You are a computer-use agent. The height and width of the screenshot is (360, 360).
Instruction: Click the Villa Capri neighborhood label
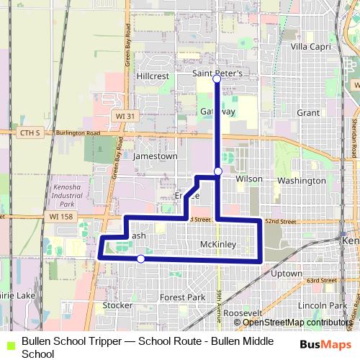(311, 46)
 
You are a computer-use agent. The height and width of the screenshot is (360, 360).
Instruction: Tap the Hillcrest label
(151, 75)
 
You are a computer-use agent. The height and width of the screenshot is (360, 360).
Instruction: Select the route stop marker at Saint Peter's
(217, 79)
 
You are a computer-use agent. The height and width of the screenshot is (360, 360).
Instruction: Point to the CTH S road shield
(28, 133)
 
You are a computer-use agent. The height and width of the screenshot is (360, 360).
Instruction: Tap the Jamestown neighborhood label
(155, 156)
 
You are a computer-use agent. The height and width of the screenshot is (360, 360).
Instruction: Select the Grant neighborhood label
(307, 113)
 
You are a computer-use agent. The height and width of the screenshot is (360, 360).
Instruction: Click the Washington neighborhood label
(301, 180)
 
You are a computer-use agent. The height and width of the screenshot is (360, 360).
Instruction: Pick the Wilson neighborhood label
(248, 178)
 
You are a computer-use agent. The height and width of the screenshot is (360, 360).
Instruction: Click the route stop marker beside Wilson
(218, 171)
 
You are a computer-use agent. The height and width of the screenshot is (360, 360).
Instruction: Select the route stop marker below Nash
(141, 258)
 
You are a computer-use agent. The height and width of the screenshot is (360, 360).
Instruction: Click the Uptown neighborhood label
(287, 274)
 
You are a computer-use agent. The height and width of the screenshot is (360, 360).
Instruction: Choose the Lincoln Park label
(317, 305)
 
